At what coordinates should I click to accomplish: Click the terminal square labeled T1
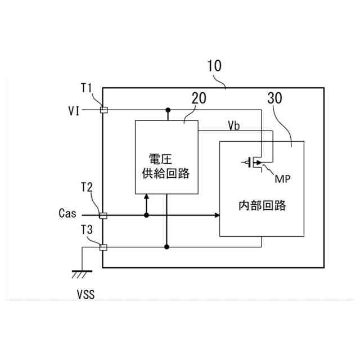point(103,110)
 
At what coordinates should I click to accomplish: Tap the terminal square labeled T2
point(103,215)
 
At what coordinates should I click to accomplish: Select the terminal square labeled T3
point(103,246)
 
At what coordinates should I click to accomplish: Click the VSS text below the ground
point(85,294)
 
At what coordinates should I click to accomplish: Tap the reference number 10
point(214,66)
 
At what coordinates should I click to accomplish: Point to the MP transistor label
point(282,178)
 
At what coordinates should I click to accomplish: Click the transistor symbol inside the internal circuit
point(255,163)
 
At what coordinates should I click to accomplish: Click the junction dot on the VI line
point(167,110)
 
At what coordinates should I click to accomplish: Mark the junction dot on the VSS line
point(167,246)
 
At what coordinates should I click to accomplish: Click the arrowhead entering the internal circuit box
point(217,215)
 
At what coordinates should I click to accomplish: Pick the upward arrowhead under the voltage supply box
point(146,197)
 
